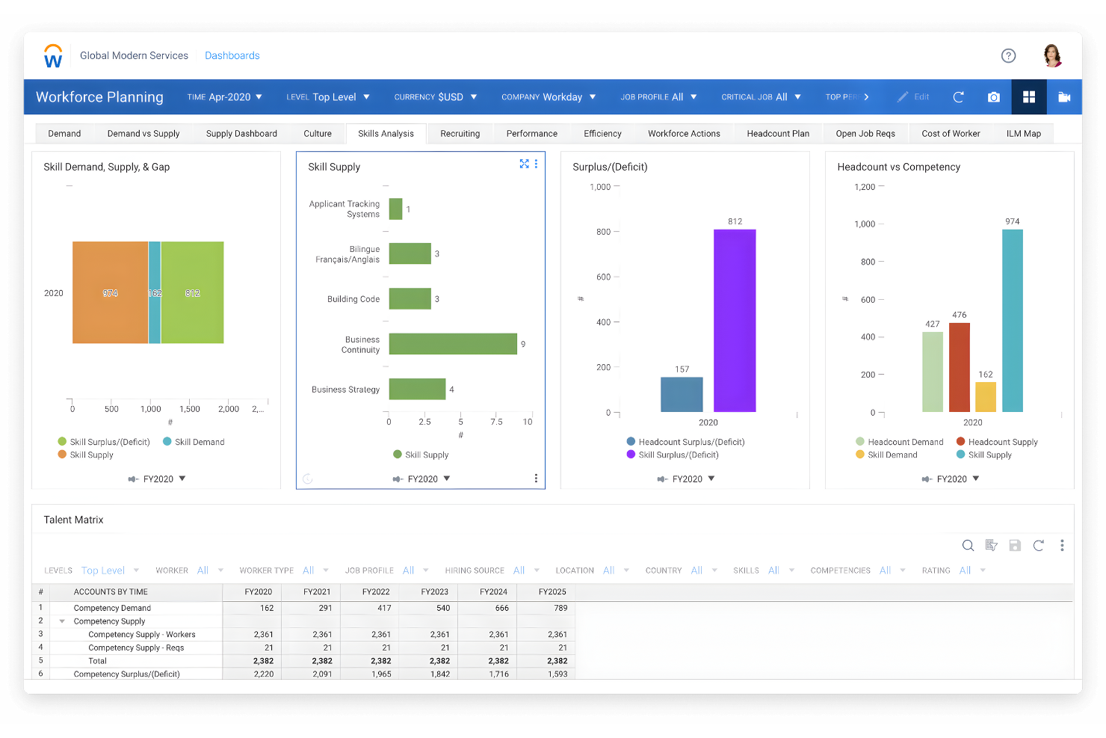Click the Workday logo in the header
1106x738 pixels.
53,56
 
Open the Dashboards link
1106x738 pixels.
232,56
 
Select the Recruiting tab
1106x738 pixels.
460,134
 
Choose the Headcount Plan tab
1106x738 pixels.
777,134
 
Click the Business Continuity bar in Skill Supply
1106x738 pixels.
453,344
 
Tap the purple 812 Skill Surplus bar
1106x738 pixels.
734,320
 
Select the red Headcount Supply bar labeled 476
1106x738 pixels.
959,367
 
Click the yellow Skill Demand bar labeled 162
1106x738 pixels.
986,397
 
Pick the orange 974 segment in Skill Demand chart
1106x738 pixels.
110,292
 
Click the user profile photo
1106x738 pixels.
1052,55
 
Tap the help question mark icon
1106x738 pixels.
1008,55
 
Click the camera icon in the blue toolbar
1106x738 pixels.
993,97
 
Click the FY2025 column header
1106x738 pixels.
552,591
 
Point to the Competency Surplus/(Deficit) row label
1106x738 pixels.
126,674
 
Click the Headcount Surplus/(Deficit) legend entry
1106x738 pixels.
691,442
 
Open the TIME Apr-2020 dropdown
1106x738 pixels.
225,97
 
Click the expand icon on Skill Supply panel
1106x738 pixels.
524,164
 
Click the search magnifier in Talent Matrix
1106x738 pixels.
968,546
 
